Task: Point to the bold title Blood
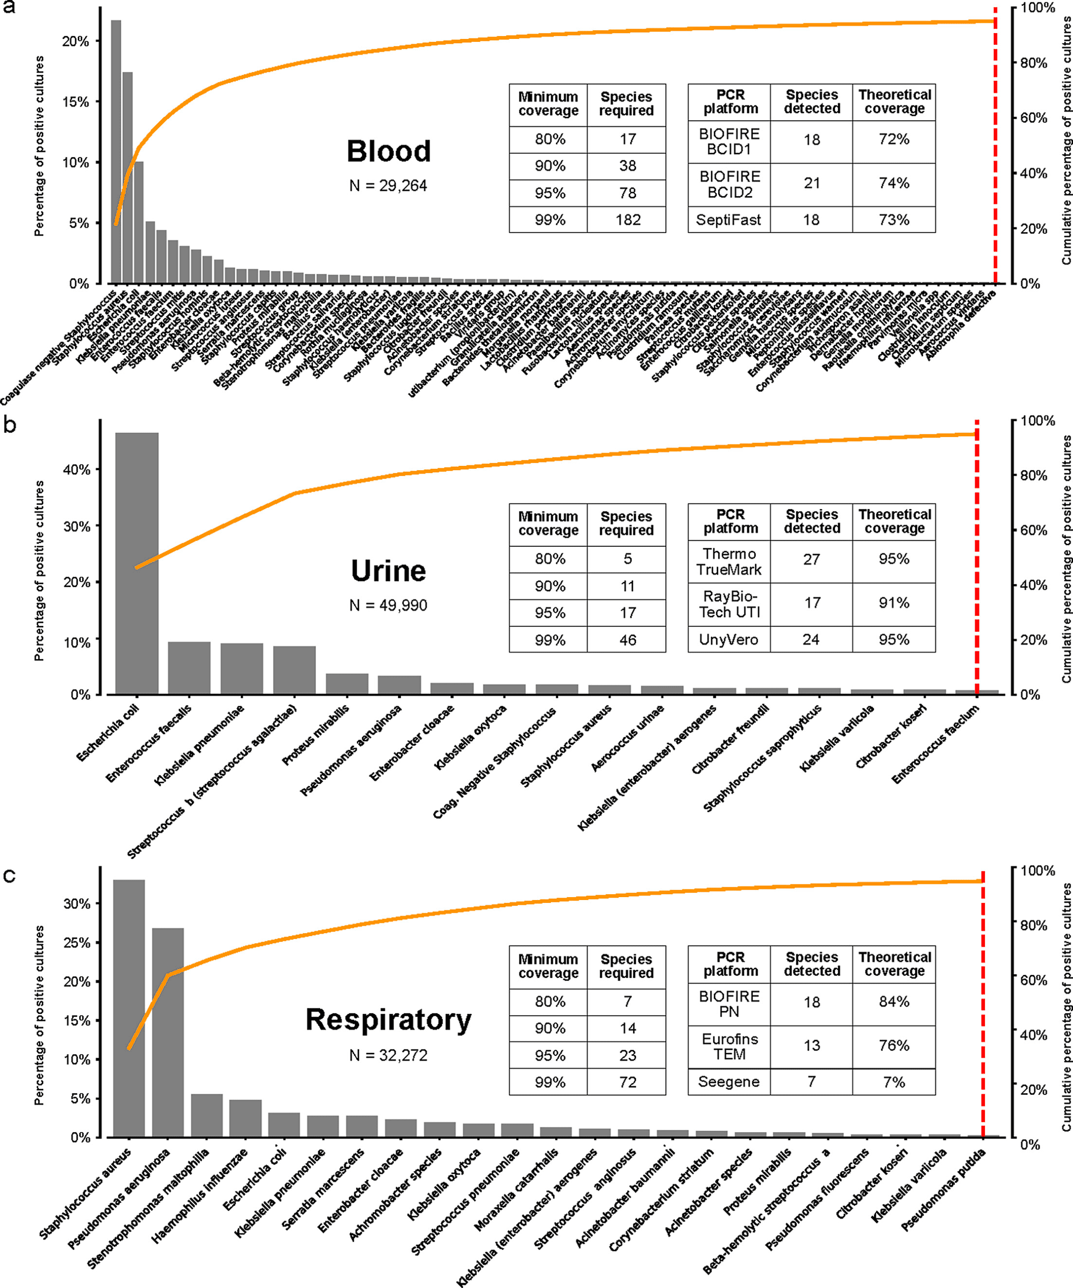(x=388, y=151)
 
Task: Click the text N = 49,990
(x=388, y=606)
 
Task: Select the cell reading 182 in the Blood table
(x=627, y=220)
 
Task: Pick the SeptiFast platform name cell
(x=728, y=220)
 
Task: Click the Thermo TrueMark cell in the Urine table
(x=728, y=561)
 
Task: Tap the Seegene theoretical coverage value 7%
(x=893, y=1081)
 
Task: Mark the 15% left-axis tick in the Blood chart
(x=75, y=102)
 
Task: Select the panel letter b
(x=9, y=424)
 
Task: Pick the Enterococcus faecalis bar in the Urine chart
(x=189, y=668)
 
